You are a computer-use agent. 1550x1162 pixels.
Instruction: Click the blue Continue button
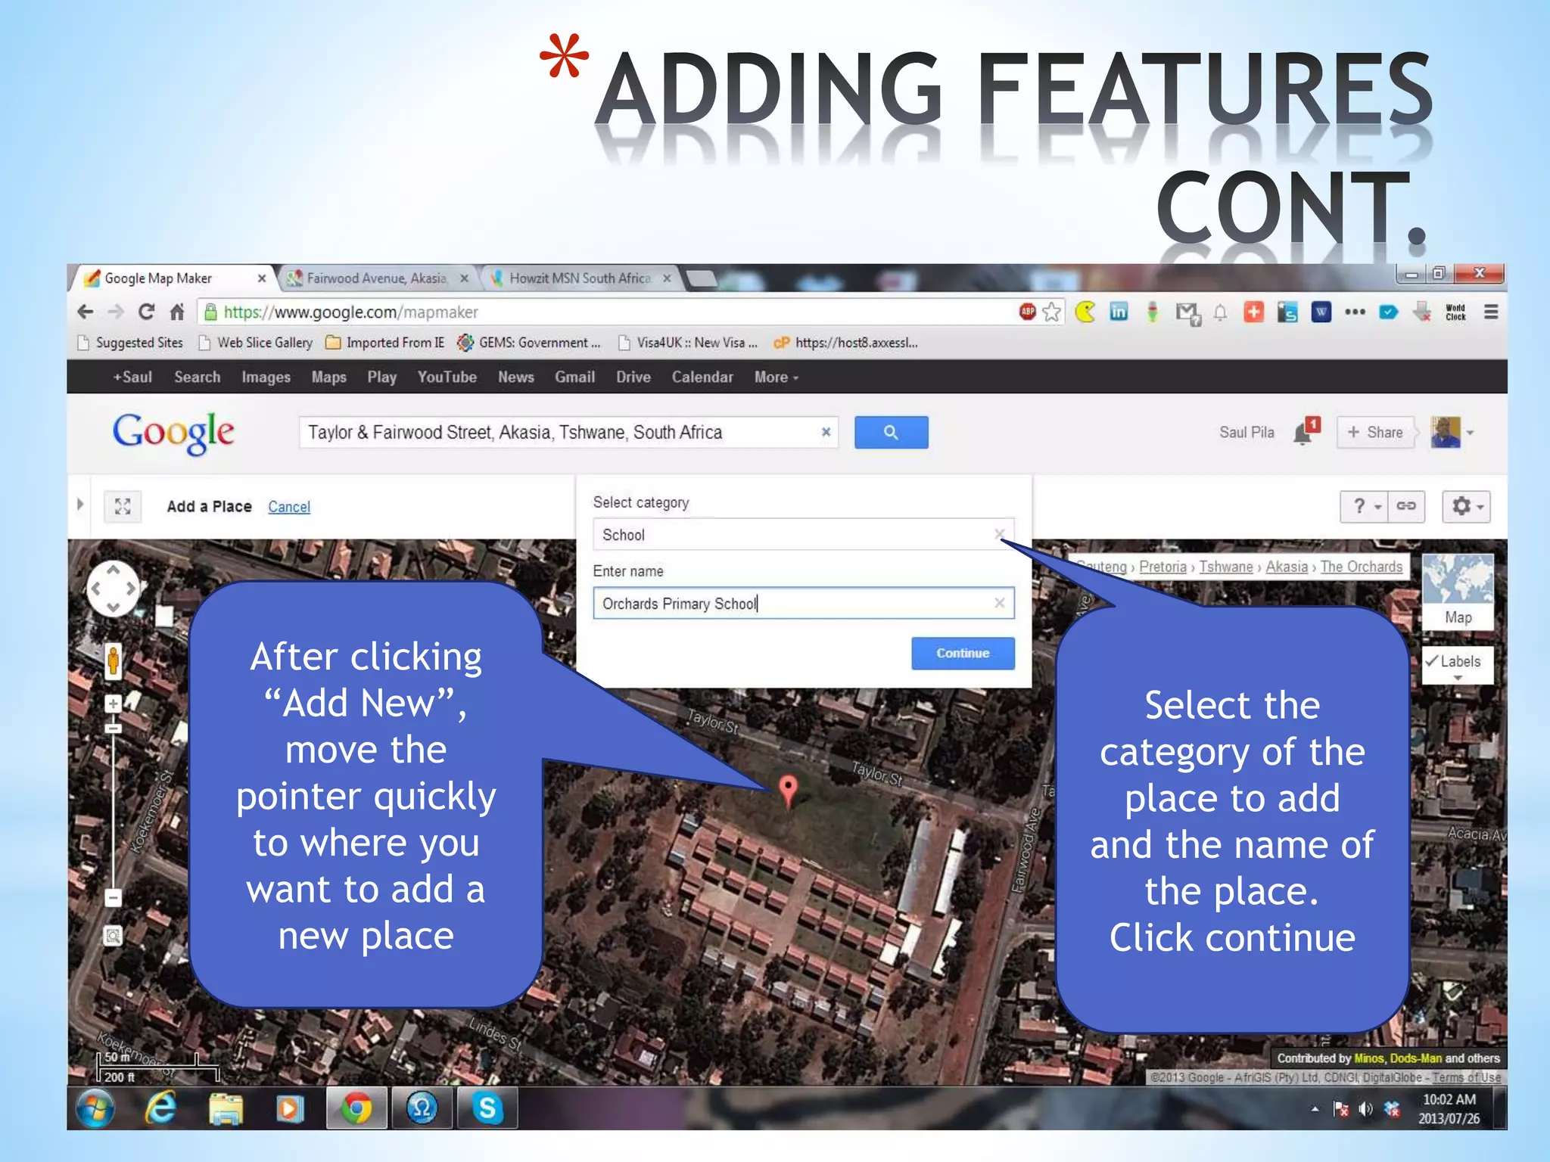pyautogui.click(x=962, y=653)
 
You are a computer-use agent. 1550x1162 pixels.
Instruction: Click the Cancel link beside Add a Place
pyautogui.click(x=289, y=507)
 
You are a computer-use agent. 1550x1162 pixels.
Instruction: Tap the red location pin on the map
pyautogui.click(x=788, y=789)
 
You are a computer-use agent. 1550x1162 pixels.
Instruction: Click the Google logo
pyautogui.click(x=173, y=433)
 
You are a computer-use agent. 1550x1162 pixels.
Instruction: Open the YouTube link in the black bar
pyautogui.click(x=447, y=377)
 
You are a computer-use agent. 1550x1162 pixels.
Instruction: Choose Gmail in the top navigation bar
pyautogui.click(x=574, y=377)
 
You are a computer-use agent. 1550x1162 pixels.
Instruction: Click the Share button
pyautogui.click(x=1375, y=432)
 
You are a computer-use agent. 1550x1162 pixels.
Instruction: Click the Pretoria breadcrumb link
pyautogui.click(x=1162, y=567)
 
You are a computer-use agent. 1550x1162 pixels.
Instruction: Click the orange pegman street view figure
pyautogui.click(x=113, y=660)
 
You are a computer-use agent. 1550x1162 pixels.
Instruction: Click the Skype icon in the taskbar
pyautogui.click(x=487, y=1108)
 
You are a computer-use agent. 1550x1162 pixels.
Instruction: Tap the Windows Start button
pyautogui.click(x=96, y=1108)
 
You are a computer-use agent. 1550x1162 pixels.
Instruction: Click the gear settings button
pyautogui.click(x=1465, y=506)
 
